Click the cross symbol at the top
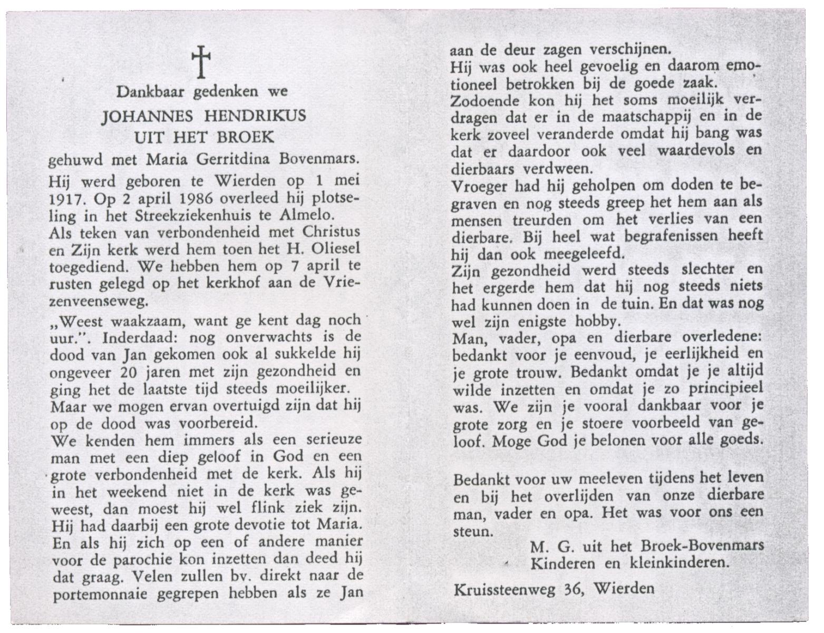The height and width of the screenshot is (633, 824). (x=202, y=62)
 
